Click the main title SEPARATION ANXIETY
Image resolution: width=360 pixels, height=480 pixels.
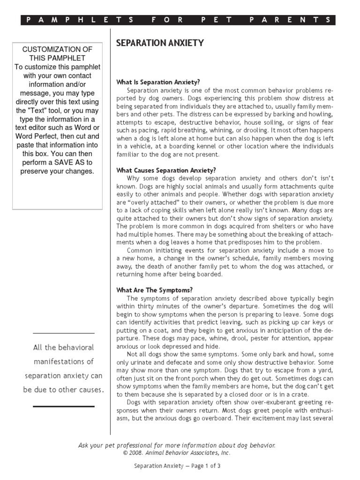coord(160,43)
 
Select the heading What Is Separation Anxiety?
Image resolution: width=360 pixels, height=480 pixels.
coord(158,82)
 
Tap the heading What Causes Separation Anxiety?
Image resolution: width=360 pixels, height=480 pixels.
coord(166,170)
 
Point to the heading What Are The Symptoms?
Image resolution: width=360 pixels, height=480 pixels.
coord(154,290)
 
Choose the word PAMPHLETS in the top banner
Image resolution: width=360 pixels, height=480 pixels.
coord(80,20)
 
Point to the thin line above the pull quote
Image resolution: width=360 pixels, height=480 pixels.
coord(64,333)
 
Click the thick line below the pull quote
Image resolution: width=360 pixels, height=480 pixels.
coord(64,406)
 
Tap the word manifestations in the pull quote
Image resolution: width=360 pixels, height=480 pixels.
coord(64,362)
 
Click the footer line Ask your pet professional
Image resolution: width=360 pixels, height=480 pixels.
coord(177,445)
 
